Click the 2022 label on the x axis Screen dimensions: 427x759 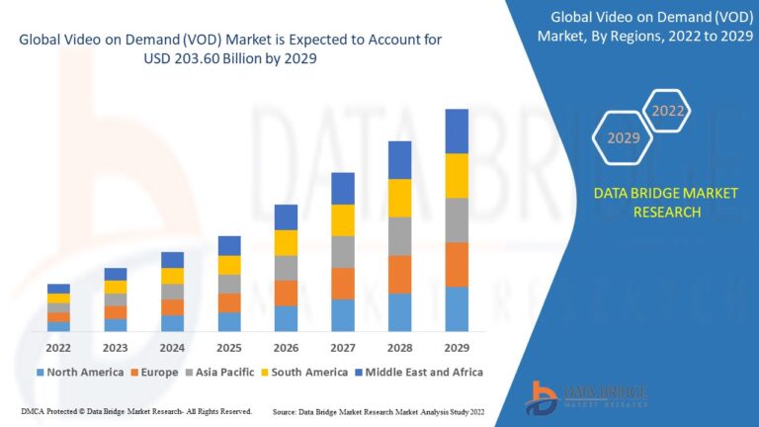coord(58,348)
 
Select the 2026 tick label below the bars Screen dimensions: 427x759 coord(286,348)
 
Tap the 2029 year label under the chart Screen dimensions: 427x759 coord(456,348)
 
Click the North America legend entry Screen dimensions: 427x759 coord(78,373)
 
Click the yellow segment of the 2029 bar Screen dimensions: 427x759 coord(456,176)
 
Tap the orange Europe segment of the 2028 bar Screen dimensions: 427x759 coord(399,275)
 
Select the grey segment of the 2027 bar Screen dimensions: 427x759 coord(343,252)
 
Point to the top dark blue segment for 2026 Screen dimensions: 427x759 coord(286,217)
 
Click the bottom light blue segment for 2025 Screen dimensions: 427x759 coord(229,321)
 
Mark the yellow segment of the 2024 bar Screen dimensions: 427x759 coord(172,276)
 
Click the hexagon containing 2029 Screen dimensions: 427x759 coord(624,137)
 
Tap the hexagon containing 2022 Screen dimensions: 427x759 coord(668,111)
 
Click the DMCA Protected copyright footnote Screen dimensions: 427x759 coord(135,410)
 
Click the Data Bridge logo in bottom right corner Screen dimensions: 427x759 coord(589,395)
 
